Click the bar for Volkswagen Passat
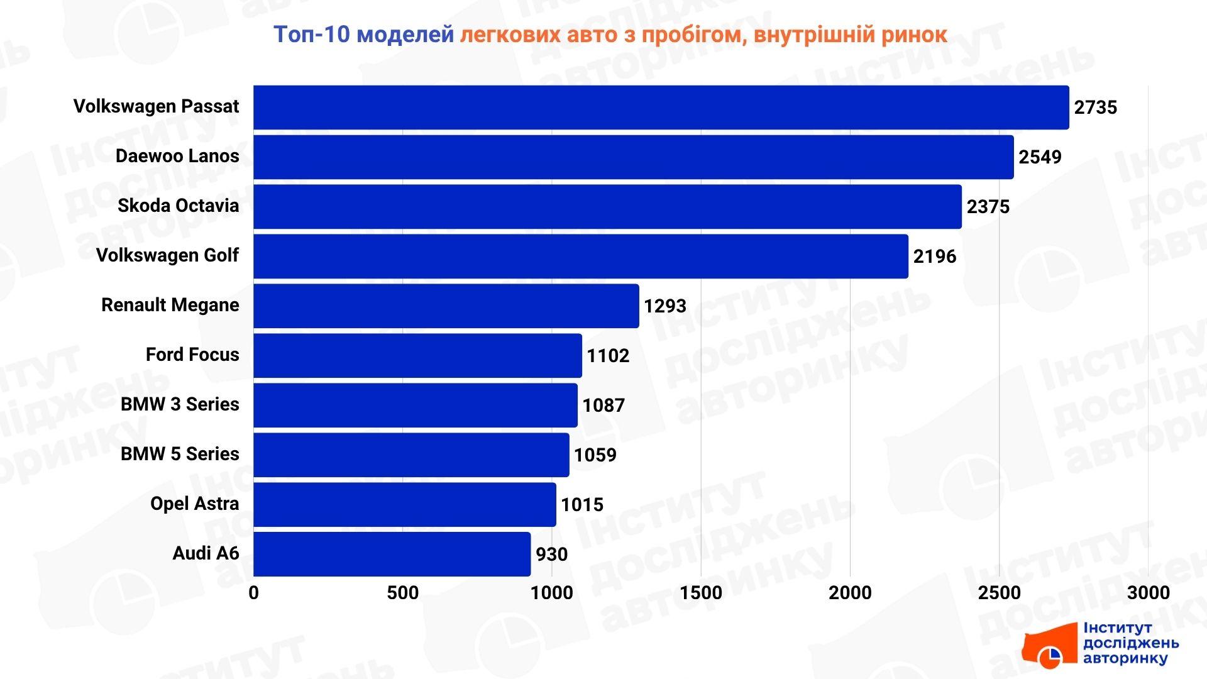(x=660, y=108)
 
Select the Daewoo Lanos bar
(x=633, y=157)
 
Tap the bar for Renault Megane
(x=446, y=306)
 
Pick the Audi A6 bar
(x=392, y=555)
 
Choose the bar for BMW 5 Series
(x=411, y=455)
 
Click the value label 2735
(x=1095, y=108)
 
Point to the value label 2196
(x=934, y=257)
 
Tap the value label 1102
(x=607, y=356)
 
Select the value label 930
(x=551, y=555)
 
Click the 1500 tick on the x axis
(x=701, y=593)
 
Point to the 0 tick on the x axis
(x=253, y=593)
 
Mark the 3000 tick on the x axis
(x=1148, y=593)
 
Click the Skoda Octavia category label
(x=178, y=206)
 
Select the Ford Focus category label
(x=192, y=355)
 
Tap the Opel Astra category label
(x=194, y=504)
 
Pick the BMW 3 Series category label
(x=180, y=405)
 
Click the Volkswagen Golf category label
(x=167, y=256)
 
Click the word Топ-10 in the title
(x=311, y=35)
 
